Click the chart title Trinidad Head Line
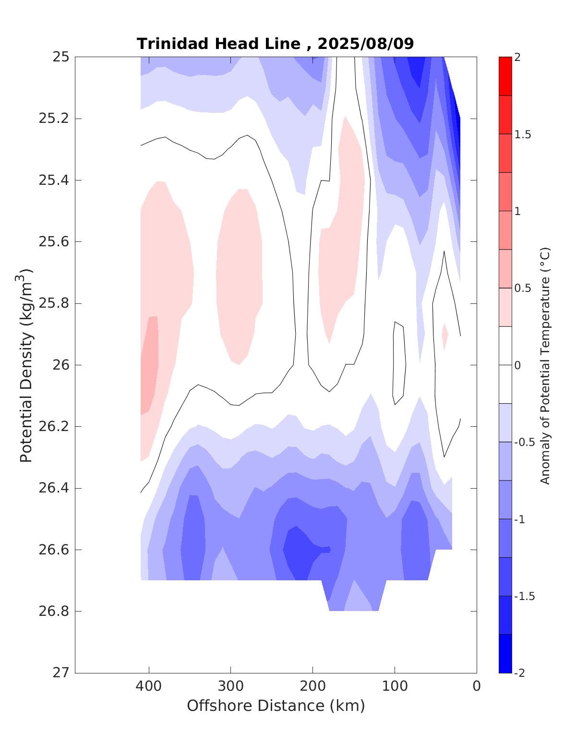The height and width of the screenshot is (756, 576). pos(218,44)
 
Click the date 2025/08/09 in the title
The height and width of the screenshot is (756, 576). pos(366,44)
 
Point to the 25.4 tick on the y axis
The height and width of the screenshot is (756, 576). pos(53,180)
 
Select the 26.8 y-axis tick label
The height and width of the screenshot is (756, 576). pos(53,612)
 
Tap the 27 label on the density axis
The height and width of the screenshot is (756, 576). pos(60,673)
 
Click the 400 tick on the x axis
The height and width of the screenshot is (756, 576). pos(149,686)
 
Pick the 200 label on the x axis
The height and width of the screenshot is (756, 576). pos(313,686)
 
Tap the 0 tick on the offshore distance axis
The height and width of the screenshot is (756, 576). pos(477,686)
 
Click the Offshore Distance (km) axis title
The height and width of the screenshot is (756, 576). pos(276,706)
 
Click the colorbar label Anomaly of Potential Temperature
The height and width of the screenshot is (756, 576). pos(545,365)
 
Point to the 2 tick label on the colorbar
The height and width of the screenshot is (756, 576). pos(517,57)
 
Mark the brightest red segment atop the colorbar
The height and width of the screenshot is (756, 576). pos(505,76)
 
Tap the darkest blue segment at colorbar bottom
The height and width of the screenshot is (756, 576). pos(505,654)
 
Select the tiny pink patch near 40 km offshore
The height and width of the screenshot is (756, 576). pos(445,336)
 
